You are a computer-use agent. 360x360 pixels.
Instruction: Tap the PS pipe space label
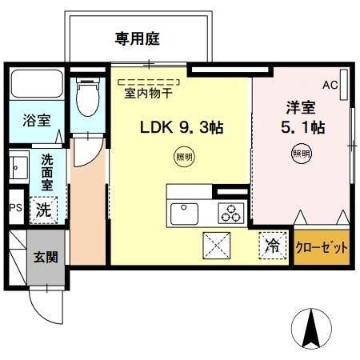pos(15,208)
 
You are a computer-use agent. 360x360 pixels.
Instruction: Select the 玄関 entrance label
pos(44,258)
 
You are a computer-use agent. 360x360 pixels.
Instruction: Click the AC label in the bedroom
pos(330,84)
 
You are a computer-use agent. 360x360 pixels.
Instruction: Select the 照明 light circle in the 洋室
pos(300,153)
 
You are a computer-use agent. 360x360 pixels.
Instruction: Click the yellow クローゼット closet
pos(322,248)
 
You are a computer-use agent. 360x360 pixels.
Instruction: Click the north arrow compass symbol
pos(314,327)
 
